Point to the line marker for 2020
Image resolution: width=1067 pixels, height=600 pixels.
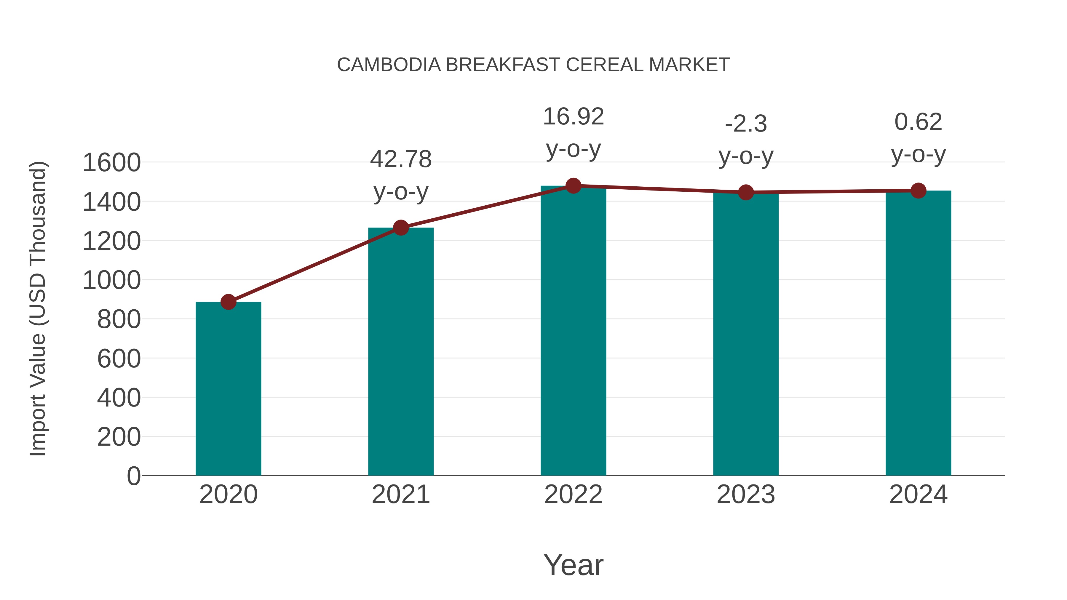coord(228,302)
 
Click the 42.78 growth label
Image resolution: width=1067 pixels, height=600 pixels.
coord(401,159)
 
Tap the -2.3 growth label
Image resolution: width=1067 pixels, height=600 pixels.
coord(746,124)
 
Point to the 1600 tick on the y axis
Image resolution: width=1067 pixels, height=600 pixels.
coord(111,162)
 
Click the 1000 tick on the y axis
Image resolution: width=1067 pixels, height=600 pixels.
coord(111,280)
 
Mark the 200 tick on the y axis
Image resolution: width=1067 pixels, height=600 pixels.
coord(119,437)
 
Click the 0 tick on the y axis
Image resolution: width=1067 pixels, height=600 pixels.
coord(133,476)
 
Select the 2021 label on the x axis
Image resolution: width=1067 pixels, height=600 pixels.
coord(401,495)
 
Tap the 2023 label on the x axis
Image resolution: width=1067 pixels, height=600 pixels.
coord(746,495)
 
